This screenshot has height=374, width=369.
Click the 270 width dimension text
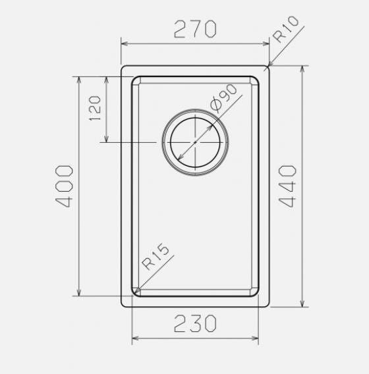(x=195, y=29)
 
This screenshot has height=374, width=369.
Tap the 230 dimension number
(x=195, y=323)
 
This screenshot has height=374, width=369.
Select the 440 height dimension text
(x=287, y=186)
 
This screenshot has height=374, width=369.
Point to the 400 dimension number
(x=64, y=186)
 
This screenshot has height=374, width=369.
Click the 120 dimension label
(x=95, y=108)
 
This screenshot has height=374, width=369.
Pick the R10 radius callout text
(x=286, y=29)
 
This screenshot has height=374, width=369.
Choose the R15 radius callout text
(x=156, y=256)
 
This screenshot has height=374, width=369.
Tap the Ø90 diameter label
(x=223, y=98)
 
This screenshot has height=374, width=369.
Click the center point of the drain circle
(x=195, y=142)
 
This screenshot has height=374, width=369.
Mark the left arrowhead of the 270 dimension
(x=124, y=43)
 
